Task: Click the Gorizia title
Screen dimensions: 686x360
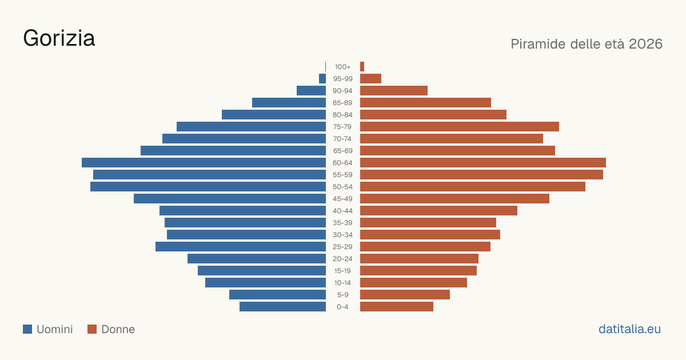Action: (x=59, y=38)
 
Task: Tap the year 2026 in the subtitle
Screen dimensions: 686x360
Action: (x=645, y=44)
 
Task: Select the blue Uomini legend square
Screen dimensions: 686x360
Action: (x=27, y=329)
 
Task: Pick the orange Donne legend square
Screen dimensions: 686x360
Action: (x=92, y=329)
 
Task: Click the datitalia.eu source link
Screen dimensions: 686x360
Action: (x=629, y=329)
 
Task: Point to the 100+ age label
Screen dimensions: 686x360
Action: (x=342, y=67)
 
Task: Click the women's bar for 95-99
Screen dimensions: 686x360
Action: (x=370, y=79)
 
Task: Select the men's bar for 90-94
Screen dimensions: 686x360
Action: (x=311, y=91)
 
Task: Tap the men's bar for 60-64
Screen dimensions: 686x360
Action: (x=204, y=162)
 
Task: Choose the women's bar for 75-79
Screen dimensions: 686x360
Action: (x=460, y=126)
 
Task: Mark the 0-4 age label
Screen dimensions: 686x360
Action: (x=342, y=307)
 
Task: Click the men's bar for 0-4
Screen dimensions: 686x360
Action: (x=282, y=307)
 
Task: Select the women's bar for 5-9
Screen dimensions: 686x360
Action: (x=405, y=294)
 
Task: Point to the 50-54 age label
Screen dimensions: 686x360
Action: (x=342, y=187)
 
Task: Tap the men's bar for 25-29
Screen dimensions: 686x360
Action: (x=241, y=246)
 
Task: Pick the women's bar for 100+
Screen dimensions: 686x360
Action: (x=362, y=67)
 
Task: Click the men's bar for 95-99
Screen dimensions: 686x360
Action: (x=322, y=79)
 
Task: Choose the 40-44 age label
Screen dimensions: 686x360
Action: (x=342, y=211)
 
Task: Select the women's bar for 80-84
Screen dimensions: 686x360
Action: (x=433, y=114)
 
